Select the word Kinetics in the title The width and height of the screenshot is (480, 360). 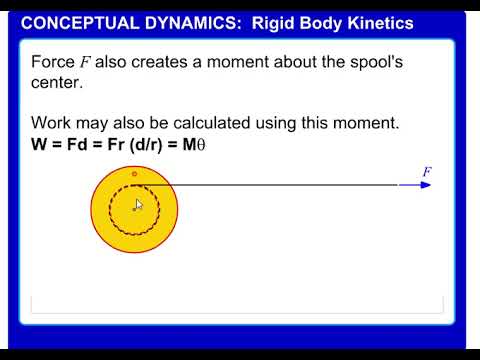[377, 23]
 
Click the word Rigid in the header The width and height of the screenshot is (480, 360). [272, 23]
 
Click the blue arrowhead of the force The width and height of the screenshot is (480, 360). [425, 185]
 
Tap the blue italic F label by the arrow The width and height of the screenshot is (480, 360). [427, 172]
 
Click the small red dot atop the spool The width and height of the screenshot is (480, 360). [134, 174]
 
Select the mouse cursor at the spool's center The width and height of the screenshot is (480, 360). [138, 205]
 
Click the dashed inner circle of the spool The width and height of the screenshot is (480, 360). [112, 210]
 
